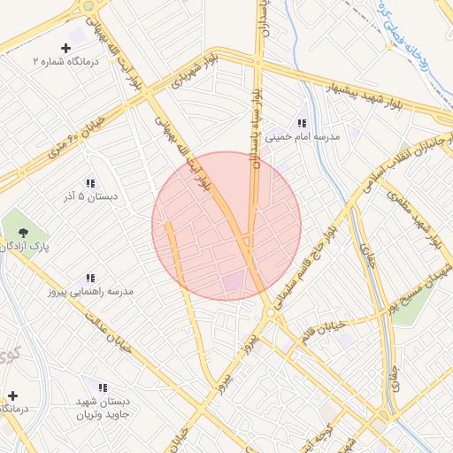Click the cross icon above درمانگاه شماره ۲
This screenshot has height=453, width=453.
[x=65, y=47]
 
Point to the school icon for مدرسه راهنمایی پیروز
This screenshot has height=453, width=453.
[x=90, y=279]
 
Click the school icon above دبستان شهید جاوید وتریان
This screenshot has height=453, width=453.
[x=103, y=388]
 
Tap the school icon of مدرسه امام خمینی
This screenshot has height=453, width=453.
[x=302, y=123]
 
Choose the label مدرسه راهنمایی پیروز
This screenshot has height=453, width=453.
[x=90, y=291]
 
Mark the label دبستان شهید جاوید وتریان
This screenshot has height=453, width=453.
[x=103, y=408]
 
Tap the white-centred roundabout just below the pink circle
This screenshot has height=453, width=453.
[x=270, y=312]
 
